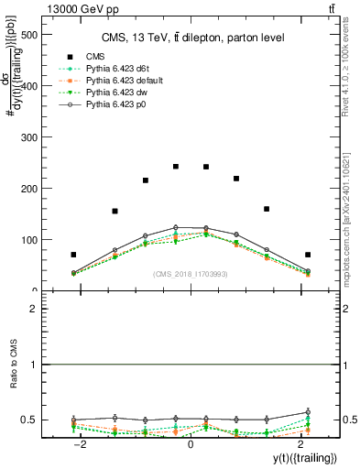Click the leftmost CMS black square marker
(73, 255)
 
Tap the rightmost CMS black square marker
(308, 255)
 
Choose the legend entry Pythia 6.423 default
(129, 82)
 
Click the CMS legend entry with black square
(95, 58)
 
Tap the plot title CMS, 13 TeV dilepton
(191, 37)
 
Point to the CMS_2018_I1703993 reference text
(190, 274)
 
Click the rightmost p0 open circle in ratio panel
(308, 412)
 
